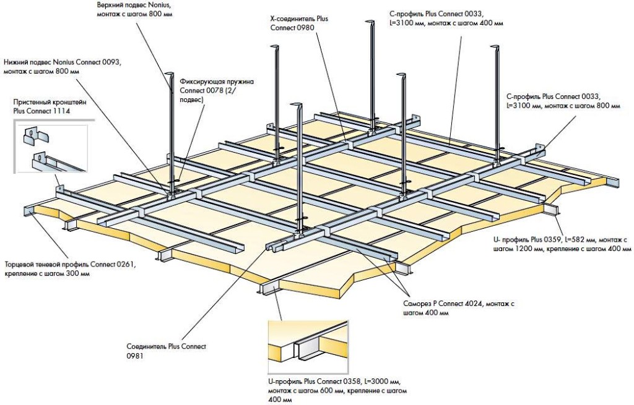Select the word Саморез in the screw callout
click(416, 304)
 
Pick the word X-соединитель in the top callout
click(288, 19)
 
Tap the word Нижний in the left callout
click(17, 62)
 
